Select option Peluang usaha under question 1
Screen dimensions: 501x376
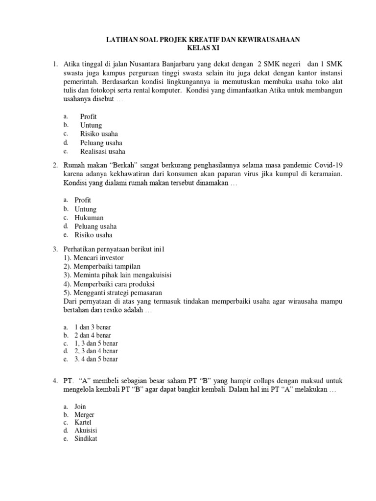[101, 142]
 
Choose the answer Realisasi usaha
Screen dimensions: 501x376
[103, 151]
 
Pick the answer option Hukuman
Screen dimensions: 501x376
[89, 218]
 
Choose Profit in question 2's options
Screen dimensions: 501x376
[83, 200]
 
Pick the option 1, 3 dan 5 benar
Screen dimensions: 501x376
[96, 343]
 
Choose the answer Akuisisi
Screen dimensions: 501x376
[86, 431]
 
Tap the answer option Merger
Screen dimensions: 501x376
[84, 414]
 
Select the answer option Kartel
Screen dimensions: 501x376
[83, 422]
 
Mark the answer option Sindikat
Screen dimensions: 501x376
[86, 439]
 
